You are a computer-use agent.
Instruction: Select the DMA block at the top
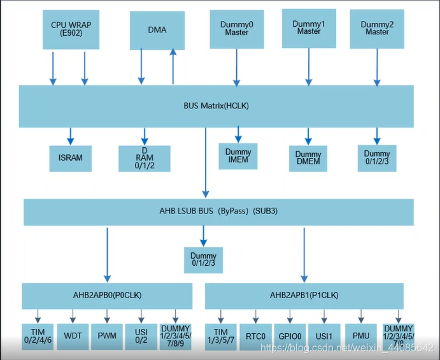click(x=157, y=29)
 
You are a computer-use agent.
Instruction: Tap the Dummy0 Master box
click(x=236, y=28)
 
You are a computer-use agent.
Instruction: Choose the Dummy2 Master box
click(x=377, y=28)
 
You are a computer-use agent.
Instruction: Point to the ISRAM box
click(x=70, y=157)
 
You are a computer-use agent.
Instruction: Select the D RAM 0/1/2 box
click(x=144, y=157)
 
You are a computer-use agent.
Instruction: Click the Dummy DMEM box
click(x=308, y=158)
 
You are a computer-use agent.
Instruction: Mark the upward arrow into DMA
click(x=173, y=67)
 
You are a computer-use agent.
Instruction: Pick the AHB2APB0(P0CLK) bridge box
click(x=107, y=296)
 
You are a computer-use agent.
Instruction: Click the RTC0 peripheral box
click(x=256, y=336)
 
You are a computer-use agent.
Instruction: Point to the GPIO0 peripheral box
click(x=290, y=336)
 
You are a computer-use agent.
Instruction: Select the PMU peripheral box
click(x=362, y=335)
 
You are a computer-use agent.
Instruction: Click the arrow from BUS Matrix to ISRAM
click(x=70, y=136)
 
